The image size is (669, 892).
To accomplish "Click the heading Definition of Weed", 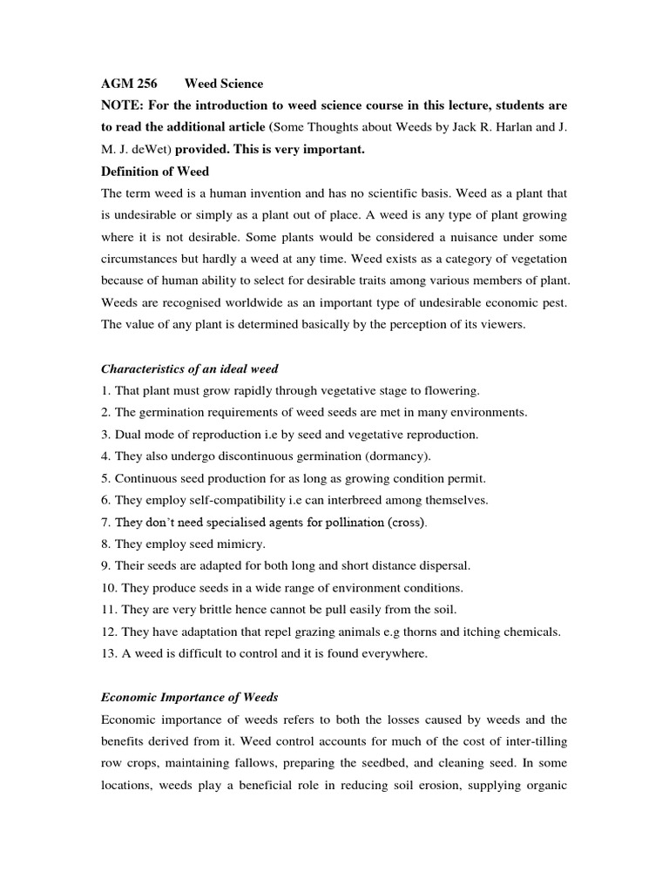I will pyautogui.click(x=155, y=172).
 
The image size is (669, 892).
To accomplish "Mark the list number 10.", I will pyautogui.click(x=109, y=588).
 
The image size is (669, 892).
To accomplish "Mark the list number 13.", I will pyautogui.click(x=109, y=653).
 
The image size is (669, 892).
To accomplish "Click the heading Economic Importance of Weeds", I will pyautogui.click(x=190, y=698).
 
